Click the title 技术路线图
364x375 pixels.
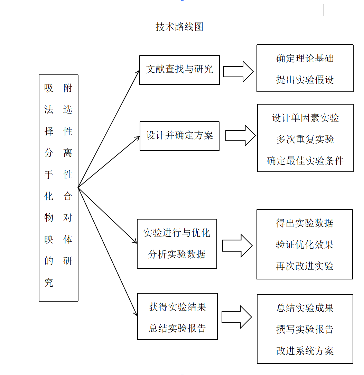(x=179, y=27)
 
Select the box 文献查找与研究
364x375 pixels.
(x=179, y=69)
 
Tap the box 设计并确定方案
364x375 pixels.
(x=179, y=135)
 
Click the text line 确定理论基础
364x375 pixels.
(x=305, y=58)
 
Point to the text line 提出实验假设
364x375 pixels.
(x=305, y=80)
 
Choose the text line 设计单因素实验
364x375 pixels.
(x=305, y=118)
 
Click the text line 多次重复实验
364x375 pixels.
(x=305, y=140)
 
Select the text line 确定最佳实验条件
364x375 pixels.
(x=305, y=161)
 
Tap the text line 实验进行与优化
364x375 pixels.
(x=177, y=233)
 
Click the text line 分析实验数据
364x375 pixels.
(x=177, y=255)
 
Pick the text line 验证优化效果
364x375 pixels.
(x=305, y=245)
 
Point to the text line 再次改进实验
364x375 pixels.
(x=305, y=266)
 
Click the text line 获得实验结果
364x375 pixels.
(x=177, y=307)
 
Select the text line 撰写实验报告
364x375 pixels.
(x=305, y=329)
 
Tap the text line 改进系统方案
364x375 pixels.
(x=305, y=351)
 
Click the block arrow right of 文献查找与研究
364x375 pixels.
(x=238, y=72)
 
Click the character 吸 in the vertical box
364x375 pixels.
(x=49, y=88)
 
